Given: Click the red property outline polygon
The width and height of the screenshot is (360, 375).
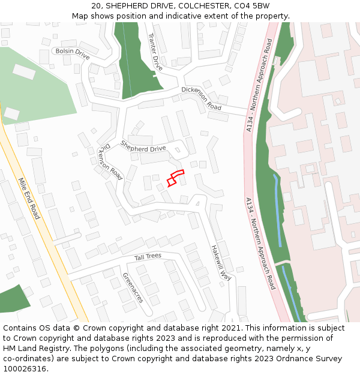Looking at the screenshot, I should [175, 178].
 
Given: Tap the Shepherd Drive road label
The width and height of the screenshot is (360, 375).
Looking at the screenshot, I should [143, 146].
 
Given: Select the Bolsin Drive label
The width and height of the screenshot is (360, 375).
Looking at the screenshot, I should [72, 53].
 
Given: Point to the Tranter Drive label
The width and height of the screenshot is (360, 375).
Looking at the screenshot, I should [155, 51].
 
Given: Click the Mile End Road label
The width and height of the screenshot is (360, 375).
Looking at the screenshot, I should [28, 197].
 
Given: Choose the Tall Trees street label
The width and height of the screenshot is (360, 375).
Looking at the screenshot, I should [148, 257].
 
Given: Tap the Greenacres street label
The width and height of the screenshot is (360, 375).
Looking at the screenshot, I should [133, 287].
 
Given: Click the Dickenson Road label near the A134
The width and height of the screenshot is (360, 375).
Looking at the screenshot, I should [201, 98].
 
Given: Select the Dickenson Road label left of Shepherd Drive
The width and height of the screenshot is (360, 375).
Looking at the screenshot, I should [110, 161].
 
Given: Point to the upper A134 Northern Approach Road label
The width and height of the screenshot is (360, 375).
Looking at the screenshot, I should [259, 85].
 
